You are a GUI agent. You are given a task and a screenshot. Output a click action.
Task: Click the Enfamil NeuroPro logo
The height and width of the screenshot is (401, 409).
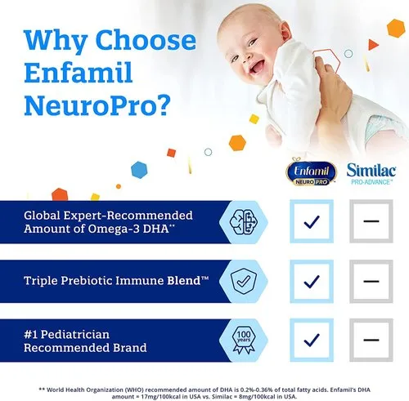[311, 172]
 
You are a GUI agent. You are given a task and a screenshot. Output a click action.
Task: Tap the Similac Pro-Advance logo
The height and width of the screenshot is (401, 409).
[371, 174]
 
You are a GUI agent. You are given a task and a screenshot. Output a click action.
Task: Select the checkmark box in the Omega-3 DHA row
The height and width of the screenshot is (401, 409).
[312, 221]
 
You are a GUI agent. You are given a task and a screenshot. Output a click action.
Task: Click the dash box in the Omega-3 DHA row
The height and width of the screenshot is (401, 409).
[371, 221]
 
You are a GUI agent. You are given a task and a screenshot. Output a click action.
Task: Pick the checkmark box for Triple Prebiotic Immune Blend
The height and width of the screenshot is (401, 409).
[312, 281]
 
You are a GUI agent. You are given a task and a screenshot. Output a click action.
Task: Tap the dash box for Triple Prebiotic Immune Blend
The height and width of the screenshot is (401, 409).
[371, 281]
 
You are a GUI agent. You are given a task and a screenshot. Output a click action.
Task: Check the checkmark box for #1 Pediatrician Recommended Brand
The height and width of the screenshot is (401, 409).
[312, 340]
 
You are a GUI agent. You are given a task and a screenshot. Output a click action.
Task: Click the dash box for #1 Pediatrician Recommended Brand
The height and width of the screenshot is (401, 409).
[371, 340]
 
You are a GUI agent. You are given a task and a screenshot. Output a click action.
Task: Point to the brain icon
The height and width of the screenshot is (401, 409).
[244, 222]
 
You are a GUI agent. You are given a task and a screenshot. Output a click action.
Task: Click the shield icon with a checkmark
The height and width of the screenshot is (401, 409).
[244, 281]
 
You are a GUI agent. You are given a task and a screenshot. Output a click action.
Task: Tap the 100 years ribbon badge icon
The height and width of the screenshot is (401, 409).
[244, 341]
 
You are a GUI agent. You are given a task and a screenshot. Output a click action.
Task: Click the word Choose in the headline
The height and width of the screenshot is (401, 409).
[146, 40]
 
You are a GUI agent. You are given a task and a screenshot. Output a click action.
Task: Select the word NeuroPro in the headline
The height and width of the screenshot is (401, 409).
[96, 105]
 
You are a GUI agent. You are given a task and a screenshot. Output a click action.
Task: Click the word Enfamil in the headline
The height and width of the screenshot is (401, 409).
[79, 73]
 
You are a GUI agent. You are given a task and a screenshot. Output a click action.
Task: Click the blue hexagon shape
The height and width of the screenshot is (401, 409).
[139, 170]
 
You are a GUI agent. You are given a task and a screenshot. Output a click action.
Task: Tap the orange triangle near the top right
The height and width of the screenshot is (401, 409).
[373, 45]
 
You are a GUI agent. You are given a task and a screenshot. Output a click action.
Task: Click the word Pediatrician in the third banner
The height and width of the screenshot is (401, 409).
[75, 334]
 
